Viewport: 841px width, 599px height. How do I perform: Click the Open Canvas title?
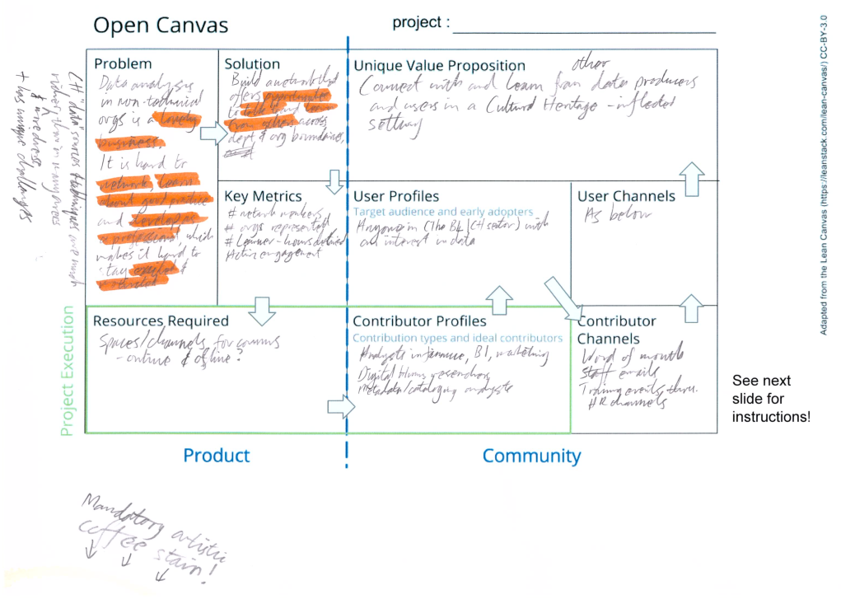pos(161,26)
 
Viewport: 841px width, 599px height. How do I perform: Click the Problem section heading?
pos(123,64)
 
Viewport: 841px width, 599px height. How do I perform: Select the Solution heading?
pos(252,64)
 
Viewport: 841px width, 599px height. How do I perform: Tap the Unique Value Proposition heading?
pos(439,66)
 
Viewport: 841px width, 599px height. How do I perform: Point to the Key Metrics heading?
pos(263,197)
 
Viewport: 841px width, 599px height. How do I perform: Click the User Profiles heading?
pos(396,197)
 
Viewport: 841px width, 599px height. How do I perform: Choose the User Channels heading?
pos(626,197)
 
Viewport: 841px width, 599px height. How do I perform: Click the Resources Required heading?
pos(161,321)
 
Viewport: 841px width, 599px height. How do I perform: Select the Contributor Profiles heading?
pos(419,321)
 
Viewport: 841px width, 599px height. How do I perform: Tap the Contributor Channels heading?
pos(616,330)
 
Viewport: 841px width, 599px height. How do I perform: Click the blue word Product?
pos(217,456)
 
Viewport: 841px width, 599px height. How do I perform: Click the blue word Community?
pos(531,456)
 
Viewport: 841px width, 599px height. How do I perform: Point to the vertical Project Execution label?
pos(68,371)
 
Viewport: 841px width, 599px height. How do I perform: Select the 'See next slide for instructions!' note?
pos(771,399)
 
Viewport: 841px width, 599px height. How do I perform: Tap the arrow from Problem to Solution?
pos(212,133)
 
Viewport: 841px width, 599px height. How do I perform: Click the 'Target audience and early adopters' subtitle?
pos(443,212)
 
